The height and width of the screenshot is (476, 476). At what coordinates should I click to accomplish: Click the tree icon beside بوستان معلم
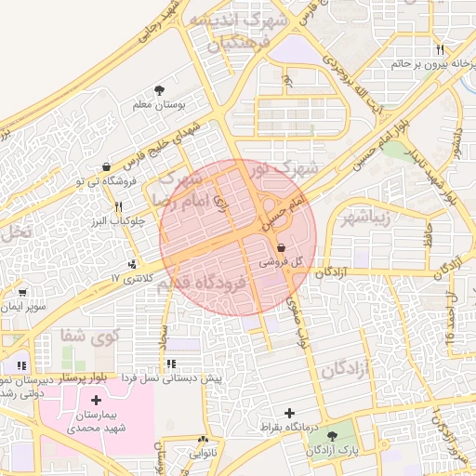pyautogui.click(x=160, y=90)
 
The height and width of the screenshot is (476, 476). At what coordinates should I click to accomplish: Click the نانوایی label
pyautogui.click(x=202, y=455)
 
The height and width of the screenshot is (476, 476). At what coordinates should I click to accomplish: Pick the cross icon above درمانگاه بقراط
pyautogui.click(x=290, y=413)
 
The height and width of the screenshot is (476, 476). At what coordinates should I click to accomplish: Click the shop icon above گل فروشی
pyautogui.click(x=281, y=247)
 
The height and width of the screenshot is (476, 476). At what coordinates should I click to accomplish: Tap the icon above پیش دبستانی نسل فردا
pyautogui.click(x=171, y=364)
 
